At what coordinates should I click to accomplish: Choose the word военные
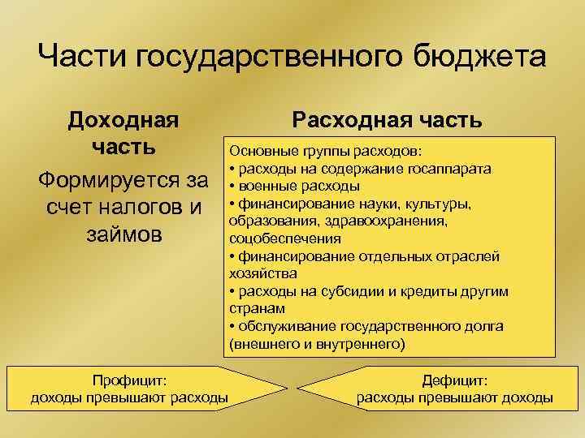coord(266,186)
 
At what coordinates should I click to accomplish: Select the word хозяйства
coord(257,273)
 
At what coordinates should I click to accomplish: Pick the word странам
coord(255,308)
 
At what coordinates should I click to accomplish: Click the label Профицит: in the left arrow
coord(129,380)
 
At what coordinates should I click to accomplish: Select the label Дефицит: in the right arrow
coord(455,380)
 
